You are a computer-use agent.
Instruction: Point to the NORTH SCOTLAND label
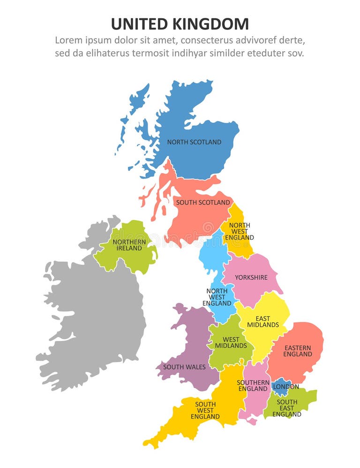(x=194, y=142)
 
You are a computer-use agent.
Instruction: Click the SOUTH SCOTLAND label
(x=202, y=203)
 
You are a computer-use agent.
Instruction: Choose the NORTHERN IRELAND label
(x=129, y=245)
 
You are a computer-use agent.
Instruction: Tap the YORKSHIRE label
(x=251, y=278)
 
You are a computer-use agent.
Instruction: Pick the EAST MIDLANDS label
(x=263, y=322)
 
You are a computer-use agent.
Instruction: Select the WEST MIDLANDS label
(x=231, y=342)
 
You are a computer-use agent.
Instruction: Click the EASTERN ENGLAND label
(x=297, y=351)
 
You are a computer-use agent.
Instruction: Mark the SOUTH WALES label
(x=184, y=367)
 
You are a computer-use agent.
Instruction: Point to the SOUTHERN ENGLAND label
(x=253, y=385)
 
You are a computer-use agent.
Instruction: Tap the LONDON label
(x=285, y=387)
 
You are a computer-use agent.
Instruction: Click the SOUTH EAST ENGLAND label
(x=287, y=408)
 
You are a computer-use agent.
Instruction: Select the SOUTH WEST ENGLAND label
(x=205, y=410)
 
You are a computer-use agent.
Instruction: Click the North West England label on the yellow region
(x=239, y=231)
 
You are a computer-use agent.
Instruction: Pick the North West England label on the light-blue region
(x=217, y=297)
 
